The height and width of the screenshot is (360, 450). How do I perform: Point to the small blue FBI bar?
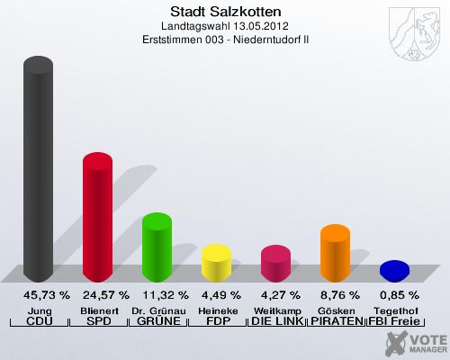tap(394, 269)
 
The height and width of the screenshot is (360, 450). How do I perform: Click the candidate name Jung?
tap(38, 310)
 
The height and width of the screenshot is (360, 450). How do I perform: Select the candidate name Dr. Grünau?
tap(157, 310)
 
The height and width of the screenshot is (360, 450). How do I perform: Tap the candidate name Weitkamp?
tap(275, 310)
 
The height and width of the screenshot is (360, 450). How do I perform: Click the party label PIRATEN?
tap(335, 321)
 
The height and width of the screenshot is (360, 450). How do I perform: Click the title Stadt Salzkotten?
tap(224, 12)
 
